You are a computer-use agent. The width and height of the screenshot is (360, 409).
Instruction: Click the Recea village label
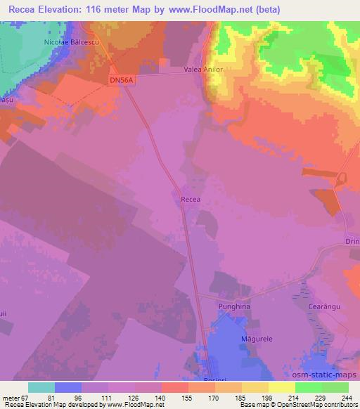point(191,200)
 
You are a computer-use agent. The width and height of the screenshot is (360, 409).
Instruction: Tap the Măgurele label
point(257,339)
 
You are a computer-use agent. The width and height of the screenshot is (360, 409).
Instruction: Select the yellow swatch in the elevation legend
point(281,387)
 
